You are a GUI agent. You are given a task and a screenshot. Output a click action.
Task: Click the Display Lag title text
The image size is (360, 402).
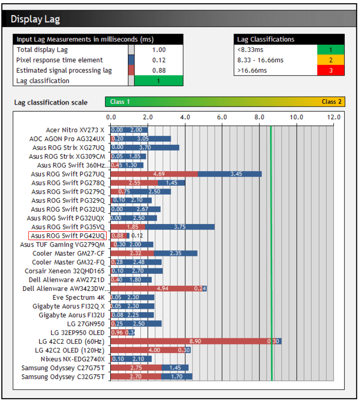tap(35, 19)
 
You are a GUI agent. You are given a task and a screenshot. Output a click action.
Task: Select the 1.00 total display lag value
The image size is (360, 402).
tap(159, 50)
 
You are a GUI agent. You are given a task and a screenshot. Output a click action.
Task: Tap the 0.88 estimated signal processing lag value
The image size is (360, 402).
tap(159, 71)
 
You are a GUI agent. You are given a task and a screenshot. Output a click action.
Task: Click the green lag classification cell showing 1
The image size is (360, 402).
tap(159, 81)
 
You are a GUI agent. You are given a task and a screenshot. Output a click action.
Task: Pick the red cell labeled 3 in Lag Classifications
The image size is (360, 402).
tap(331, 71)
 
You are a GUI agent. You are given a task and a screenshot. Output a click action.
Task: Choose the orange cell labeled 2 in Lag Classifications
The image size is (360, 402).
tap(331, 60)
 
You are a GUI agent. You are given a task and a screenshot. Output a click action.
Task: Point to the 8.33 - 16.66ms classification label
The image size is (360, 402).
tap(260, 60)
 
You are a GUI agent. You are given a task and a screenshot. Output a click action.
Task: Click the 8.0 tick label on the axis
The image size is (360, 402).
tap(259, 117)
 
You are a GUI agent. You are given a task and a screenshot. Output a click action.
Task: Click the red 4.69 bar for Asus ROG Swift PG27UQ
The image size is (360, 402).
tap(154, 174)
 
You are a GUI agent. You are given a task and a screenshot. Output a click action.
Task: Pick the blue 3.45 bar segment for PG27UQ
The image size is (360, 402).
tap(230, 174)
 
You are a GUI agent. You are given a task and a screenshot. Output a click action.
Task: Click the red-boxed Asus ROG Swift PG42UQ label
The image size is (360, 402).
tap(67, 236)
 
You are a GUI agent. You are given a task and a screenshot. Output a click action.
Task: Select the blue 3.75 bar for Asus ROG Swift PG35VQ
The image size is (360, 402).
tap(180, 227)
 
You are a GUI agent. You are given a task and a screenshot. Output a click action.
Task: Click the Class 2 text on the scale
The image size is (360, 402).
tap(331, 101)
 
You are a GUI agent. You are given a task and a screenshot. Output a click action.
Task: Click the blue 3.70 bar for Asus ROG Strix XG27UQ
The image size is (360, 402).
tap(145, 148)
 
